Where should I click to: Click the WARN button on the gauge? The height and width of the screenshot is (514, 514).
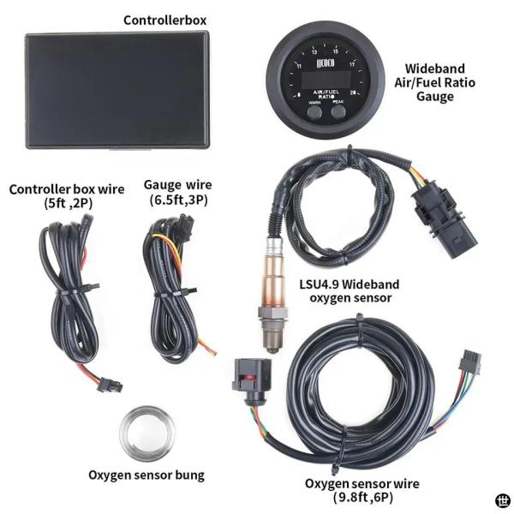pyautogui.click(x=314, y=112)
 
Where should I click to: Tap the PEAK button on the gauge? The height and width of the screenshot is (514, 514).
pyautogui.click(x=338, y=112)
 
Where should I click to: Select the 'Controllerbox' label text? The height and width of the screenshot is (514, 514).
pyautogui.click(x=164, y=21)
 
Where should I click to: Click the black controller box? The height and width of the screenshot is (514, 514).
pyautogui.click(x=117, y=90)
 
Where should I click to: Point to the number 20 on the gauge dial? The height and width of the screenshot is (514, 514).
pyautogui.click(x=353, y=93)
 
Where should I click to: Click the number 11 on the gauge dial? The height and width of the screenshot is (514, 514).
pyautogui.click(x=299, y=66)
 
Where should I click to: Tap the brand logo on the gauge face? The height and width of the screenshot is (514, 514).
pyautogui.click(x=326, y=63)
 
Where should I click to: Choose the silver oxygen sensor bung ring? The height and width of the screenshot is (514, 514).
pyautogui.click(x=146, y=433)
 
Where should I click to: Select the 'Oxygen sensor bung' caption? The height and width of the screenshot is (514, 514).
pyautogui.click(x=146, y=475)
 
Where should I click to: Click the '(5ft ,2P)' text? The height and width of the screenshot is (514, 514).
pyautogui.click(x=69, y=204)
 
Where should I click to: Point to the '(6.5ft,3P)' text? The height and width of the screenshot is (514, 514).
pyautogui.click(x=179, y=200)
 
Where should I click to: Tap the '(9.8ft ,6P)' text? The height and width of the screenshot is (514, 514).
pyautogui.click(x=363, y=498)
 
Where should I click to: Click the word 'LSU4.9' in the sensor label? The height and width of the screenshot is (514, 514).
pyautogui.click(x=320, y=284)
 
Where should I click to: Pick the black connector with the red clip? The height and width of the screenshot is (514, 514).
pyautogui.click(x=252, y=380)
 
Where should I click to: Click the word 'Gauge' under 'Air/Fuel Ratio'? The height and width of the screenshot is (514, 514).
pyautogui.click(x=435, y=97)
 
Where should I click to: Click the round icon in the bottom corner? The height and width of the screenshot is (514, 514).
pyautogui.click(x=503, y=500)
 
